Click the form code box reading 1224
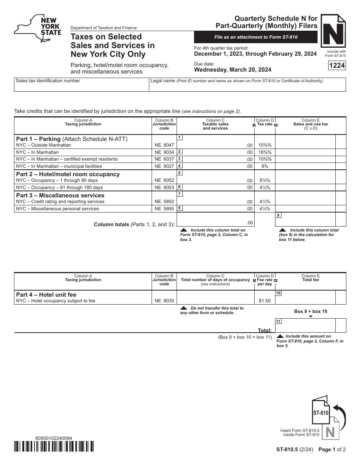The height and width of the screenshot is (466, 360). [x=337, y=66]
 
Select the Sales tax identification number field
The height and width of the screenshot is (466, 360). [x=81, y=85]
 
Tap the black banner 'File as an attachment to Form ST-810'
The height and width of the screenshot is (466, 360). [x=256, y=37]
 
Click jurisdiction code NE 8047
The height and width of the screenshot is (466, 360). [x=164, y=145]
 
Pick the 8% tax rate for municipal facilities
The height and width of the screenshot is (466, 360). [x=265, y=166]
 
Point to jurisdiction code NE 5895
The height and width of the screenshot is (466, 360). [x=164, y=209]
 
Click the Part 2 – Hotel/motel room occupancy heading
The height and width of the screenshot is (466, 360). [x=68, y=174]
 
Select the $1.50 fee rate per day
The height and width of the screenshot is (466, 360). [x=265, y=301]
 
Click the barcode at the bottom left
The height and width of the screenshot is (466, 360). [x=54, y=447]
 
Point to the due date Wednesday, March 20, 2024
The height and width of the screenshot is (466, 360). [x=233, y=70]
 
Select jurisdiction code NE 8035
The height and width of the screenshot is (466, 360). [x=164, y=301]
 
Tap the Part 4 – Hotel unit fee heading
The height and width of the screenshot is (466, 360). [x=46, y=294]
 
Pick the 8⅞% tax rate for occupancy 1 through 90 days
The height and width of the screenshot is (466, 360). [x=265, y=180]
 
